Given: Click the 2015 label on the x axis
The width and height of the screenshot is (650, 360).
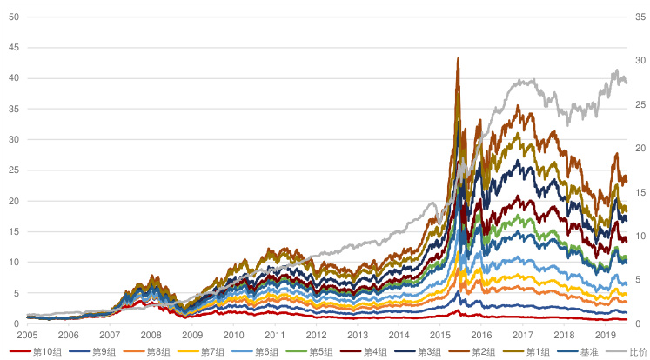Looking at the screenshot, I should point(440,335).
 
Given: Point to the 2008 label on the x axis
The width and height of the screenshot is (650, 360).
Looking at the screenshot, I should point(151,335).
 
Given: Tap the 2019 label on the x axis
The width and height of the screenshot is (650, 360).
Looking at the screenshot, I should point(605,335).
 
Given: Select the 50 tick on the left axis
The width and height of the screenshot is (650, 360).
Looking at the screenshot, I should point(13,17).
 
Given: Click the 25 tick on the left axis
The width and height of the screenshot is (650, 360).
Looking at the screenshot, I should point(13,170).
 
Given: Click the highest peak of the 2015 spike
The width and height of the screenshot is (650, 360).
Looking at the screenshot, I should point(458,58).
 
